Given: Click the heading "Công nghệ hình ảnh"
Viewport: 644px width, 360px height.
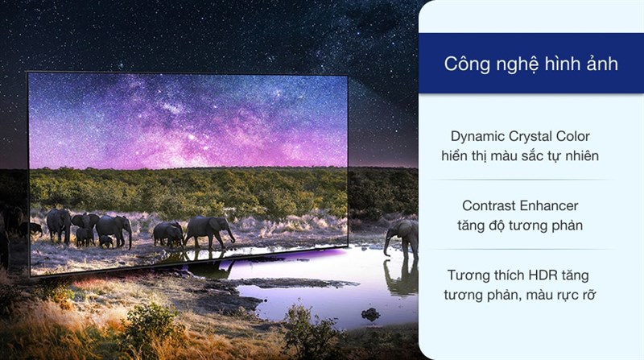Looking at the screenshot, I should (x=531, y=64).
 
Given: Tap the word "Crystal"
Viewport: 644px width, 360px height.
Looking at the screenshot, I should (x=535, y=136).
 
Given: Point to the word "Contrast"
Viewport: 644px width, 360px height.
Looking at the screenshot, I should (x=491, y=206).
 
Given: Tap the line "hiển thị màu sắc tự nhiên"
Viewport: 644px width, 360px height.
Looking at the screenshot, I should (x=530, y=155).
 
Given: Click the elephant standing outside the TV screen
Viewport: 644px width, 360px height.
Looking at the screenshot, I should (x=402, y=235).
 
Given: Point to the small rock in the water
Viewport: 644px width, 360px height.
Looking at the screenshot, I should (x=371, y=313).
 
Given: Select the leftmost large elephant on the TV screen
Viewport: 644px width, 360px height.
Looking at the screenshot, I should (x=59, y=223).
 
